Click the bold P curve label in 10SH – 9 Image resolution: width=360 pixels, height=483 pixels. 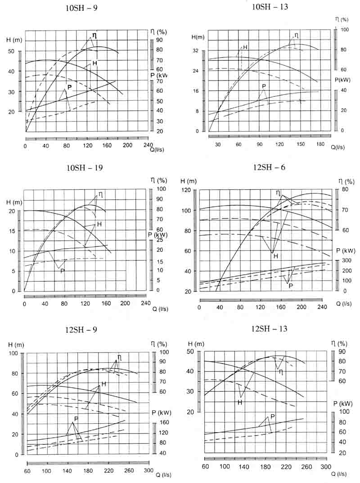click(x=69, y=87)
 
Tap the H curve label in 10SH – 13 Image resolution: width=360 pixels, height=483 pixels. click(x=245, y=47)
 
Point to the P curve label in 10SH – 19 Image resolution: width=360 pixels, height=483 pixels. click(x=62, y=271)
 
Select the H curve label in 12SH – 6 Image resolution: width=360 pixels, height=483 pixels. click(x=275, y=256)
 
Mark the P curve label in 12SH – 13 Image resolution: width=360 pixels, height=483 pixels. click(x=272, y=417)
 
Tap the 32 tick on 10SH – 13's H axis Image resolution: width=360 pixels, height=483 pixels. click(x=195, y=50)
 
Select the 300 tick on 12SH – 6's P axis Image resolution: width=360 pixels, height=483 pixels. click(x=347, y=261)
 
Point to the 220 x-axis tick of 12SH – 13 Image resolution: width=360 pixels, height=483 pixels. click(x=285, y=467)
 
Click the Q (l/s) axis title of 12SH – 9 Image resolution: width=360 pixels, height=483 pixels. click(x=162, y=475)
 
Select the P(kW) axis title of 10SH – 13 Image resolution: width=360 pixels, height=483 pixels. click(x=343, y=80)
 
